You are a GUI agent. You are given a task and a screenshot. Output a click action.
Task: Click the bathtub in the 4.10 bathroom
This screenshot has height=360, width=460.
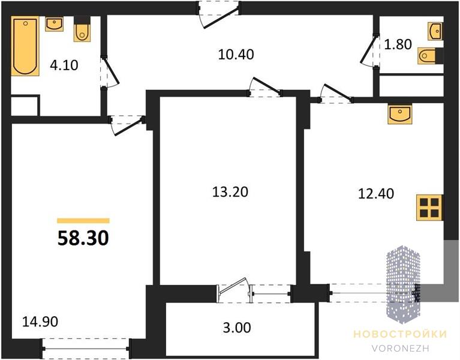click(25, 46)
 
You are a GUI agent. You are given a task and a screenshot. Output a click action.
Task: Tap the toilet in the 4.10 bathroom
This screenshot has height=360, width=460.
click(82, 29)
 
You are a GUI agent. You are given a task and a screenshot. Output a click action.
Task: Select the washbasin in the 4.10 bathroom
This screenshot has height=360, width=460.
click(54, 24)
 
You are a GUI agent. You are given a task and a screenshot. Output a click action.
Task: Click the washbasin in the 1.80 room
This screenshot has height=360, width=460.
click(435, 31)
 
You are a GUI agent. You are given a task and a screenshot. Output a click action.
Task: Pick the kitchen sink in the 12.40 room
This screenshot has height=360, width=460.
click(399, 113)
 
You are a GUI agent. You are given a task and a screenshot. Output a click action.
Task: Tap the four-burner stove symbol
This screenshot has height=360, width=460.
click(429, 208)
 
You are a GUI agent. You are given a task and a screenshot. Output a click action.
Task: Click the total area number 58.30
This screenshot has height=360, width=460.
click(83, 238)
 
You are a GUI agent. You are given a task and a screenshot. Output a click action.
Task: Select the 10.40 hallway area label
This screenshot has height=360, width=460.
click(236, 55)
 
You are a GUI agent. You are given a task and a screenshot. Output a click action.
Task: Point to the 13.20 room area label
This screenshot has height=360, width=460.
click(230, 192)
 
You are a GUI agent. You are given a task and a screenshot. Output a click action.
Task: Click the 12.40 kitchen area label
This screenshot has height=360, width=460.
click(376, 194)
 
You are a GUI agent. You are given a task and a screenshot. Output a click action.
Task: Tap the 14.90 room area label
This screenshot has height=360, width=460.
click(40, 322)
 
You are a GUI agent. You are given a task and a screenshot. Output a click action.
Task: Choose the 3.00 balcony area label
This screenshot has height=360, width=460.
click(237, 328)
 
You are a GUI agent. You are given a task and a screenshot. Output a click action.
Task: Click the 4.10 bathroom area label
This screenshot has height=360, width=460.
click(64, 65)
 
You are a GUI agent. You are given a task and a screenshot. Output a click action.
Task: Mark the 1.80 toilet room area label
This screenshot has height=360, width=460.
click(398, 44)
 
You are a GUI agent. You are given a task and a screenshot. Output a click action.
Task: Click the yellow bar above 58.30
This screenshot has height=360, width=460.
click(83, 221)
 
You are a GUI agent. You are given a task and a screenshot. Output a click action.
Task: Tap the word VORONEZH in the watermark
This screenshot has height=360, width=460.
click(401, 348)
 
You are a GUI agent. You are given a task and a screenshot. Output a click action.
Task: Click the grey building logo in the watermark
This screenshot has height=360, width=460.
click(404, 284)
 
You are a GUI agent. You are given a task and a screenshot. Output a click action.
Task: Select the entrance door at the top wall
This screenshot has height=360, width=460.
click(218, 14)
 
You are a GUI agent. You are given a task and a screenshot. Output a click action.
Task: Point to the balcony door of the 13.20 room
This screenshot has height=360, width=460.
click(234, 290)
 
